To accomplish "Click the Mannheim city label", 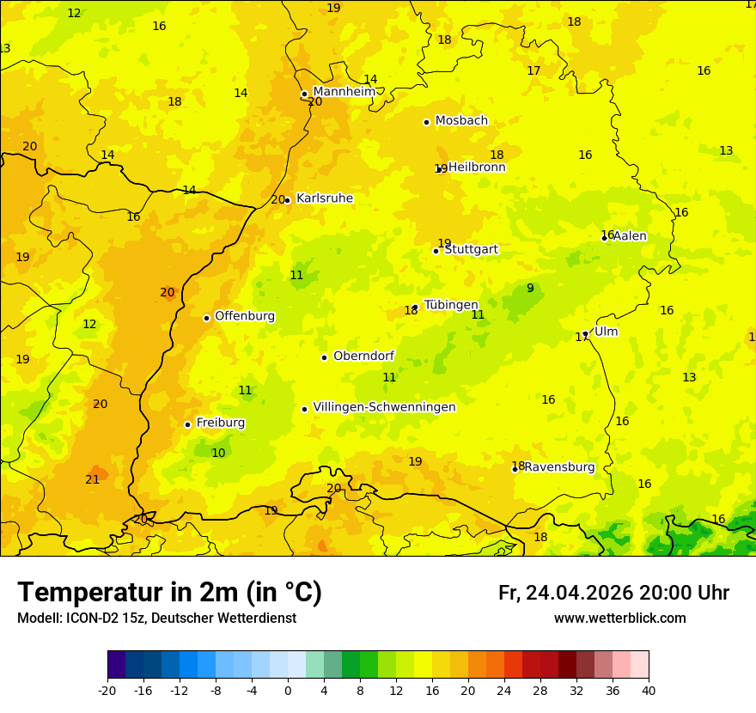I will tap(344, 92).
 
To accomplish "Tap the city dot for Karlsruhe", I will tap(288, 200).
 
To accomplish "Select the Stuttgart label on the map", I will tap(471, 249).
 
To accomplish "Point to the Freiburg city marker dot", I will tap(187, 424).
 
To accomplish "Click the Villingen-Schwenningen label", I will tap(384, 407).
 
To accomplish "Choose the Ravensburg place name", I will tap(559, 467).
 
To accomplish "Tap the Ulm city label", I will tap(606, 332).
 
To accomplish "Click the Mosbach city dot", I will tap(426, 122).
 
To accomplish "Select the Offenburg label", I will tap(245, 316).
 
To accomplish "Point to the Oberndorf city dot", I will tap(324, 357).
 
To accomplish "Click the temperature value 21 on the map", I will tap(93, 479).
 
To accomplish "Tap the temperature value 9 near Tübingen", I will tap(530, 288).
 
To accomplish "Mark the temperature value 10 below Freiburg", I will tap(218, 453).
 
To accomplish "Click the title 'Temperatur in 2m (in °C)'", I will tap(169, 592).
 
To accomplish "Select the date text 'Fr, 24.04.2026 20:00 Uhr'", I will tap(613, 593).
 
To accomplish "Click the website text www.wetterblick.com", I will tap(619, 618).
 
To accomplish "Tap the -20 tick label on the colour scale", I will tap(107, 690).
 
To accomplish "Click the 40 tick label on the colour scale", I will tap(649, 690).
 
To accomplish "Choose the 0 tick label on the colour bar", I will tap(288, 690).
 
